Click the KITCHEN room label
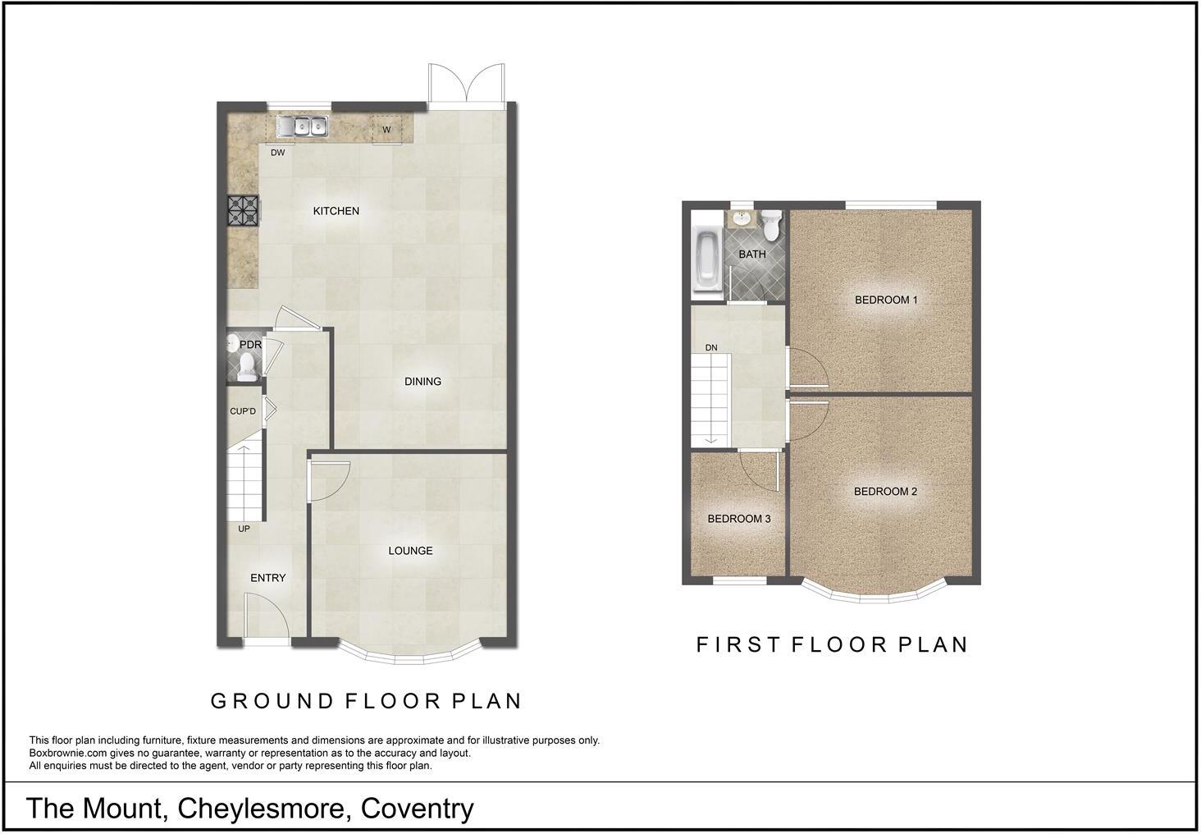[336, 211]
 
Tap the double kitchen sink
[302, 126]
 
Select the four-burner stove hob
[243, 210]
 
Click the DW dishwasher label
[278, 152]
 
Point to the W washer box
[386, 130]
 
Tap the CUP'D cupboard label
[243, 411]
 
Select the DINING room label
[422, 381]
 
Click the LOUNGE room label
[410, 551]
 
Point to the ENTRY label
[268, 578]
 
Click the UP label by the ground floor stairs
[244, 529]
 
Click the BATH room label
[752, 254]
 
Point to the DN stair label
[711, 348]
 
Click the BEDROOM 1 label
[886, 300]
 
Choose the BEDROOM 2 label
[885, 492]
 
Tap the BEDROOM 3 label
[739, 519]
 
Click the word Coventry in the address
[417, 809]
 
